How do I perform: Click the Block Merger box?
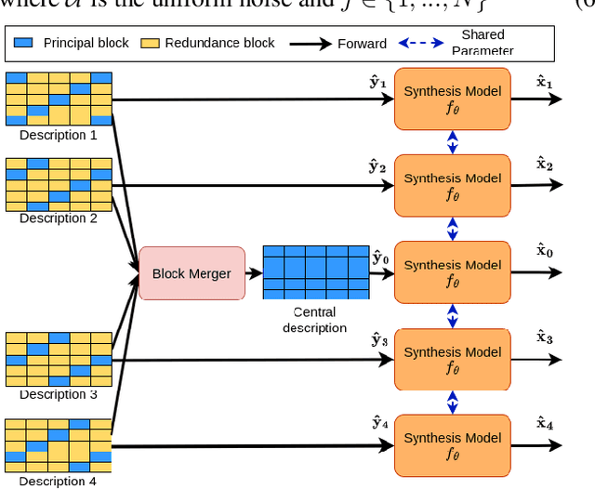(x=192, y=273)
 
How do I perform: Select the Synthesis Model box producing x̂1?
(x=452, y=99)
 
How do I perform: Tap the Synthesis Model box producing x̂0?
(x=452, y=272)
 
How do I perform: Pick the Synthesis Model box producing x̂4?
(x=452, y=445)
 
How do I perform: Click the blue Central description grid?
(x=316, y=272)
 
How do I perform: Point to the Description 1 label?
(x=59, y=136)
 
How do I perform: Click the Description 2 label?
(x=59, y=218)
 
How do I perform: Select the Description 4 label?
(x=58, y=481)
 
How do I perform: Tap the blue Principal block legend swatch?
(x=25, y=43)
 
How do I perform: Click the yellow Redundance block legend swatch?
(x=148, y=43)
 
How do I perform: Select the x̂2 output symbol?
(x=545, y=165)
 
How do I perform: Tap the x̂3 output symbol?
(x=545, y=338)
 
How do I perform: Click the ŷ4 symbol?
(x=379, y=424)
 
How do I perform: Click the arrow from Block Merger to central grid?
(x=253, y=273)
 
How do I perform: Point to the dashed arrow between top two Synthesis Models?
(x=453, y=142)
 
